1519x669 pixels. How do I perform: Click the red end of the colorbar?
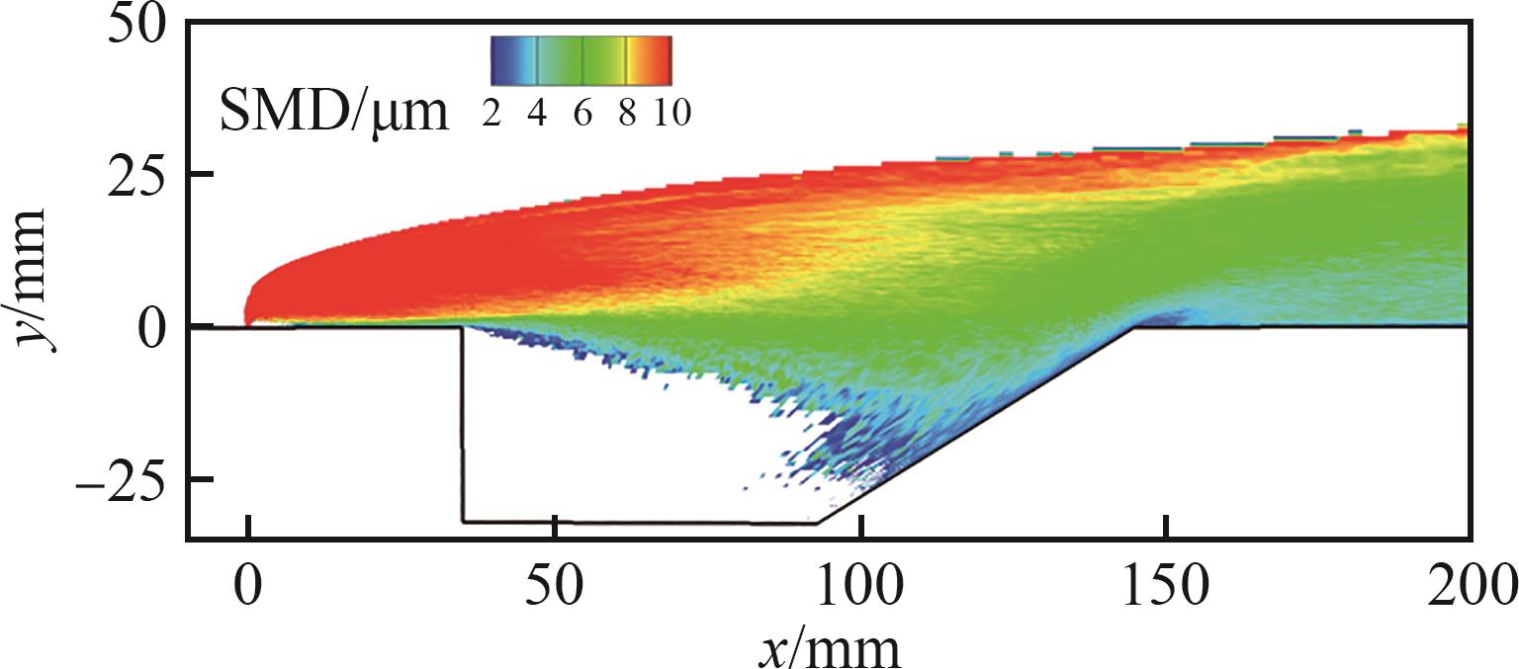point(664,60)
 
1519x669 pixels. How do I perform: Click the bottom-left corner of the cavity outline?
point(462,521)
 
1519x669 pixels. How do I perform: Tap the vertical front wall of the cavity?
point(462,425)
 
